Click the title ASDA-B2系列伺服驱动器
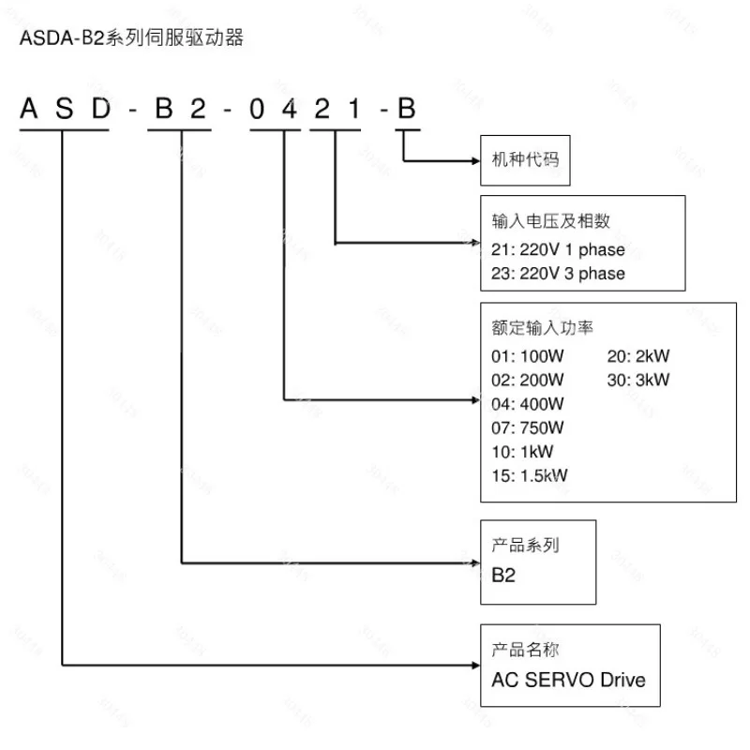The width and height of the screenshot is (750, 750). pos(131,40)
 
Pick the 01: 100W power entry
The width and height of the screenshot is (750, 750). pos(527,356)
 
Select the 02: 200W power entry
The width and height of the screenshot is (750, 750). pos(527,380)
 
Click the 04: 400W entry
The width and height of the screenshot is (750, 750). pos(527,404)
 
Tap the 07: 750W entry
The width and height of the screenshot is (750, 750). pos(527,427)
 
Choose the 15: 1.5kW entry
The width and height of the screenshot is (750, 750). pos(530,475)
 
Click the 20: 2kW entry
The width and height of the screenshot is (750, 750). pos(638,356)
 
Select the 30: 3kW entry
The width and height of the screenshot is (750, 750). pos(638,380)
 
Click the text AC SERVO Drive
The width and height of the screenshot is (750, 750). pos(568,680)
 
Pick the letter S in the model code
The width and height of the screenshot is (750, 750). pos(64,110)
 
